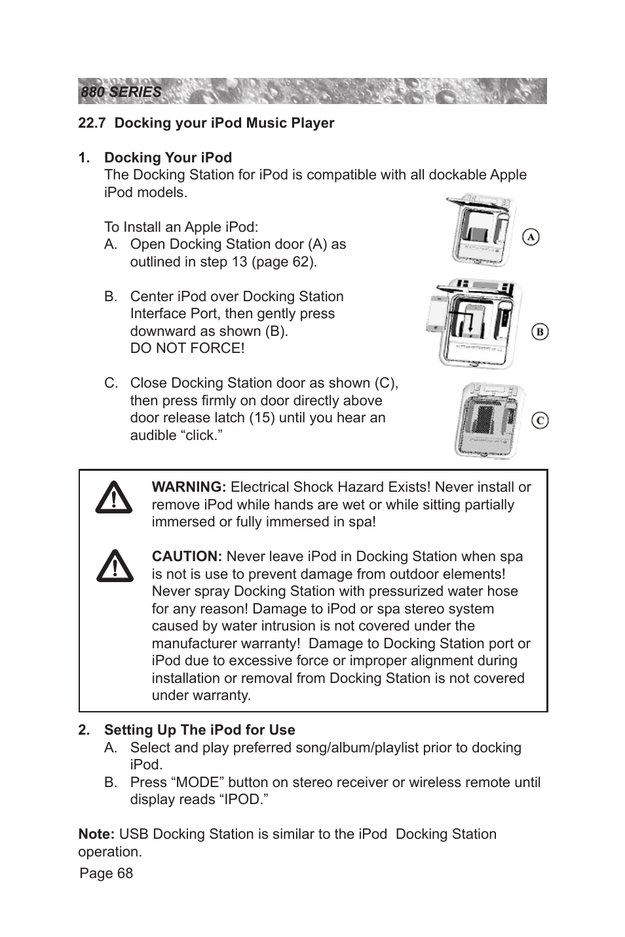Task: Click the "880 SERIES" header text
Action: pos(121,92)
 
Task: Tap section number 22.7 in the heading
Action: pos(92,123)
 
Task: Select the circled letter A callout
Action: pos(531,236)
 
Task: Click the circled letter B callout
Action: pos(539,331)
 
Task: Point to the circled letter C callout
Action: pos(539,420)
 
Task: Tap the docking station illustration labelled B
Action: pos(473,323)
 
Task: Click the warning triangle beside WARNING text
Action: pos(114,498)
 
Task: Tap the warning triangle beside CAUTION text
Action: pos(114,566)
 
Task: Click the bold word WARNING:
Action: pos(189,487)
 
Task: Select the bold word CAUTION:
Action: pos(187,557)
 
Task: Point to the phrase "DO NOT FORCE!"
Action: pos(187,348)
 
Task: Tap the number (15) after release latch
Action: pos(261,418)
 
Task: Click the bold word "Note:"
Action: pos(96,834)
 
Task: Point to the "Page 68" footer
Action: pos(106,873)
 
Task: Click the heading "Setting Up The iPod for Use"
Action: pos(199,730)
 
